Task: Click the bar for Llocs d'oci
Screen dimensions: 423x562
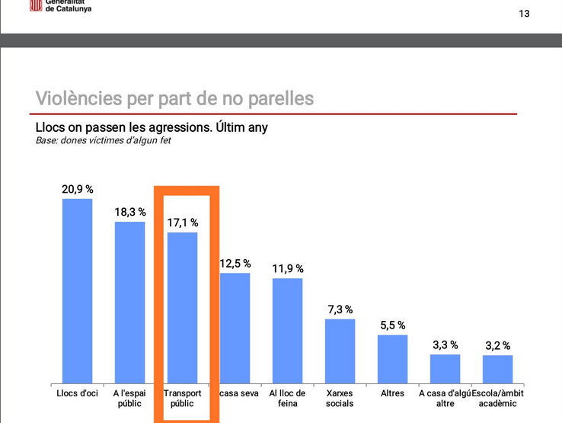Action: click(77, 290)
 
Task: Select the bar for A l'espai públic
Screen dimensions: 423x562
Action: click(129, 302)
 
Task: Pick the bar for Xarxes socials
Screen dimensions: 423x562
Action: click(340, 350)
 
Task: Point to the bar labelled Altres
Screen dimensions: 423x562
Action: click(392, 357)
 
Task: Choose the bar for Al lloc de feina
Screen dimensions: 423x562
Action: click(287, 329)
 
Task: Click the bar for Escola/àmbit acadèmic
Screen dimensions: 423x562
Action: click(497, 368)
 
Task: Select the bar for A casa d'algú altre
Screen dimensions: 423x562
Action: click(445, 367)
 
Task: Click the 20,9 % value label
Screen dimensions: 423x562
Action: click(77, 188)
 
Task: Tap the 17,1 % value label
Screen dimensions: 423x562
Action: click(182, 223)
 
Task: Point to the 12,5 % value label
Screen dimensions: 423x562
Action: click(235, 263)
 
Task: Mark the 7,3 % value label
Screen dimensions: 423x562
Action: click(340, 309)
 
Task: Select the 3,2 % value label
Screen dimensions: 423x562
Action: click(497, 346)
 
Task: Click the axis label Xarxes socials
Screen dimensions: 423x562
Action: click(340, 398)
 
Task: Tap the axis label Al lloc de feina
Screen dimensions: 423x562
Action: click(287, 398)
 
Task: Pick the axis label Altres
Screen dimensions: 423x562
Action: click(392, 393)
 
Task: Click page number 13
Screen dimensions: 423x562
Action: click(524, 14)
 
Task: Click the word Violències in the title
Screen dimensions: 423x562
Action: click(77, 98)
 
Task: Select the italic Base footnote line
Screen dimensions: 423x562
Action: click(103, 141)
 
